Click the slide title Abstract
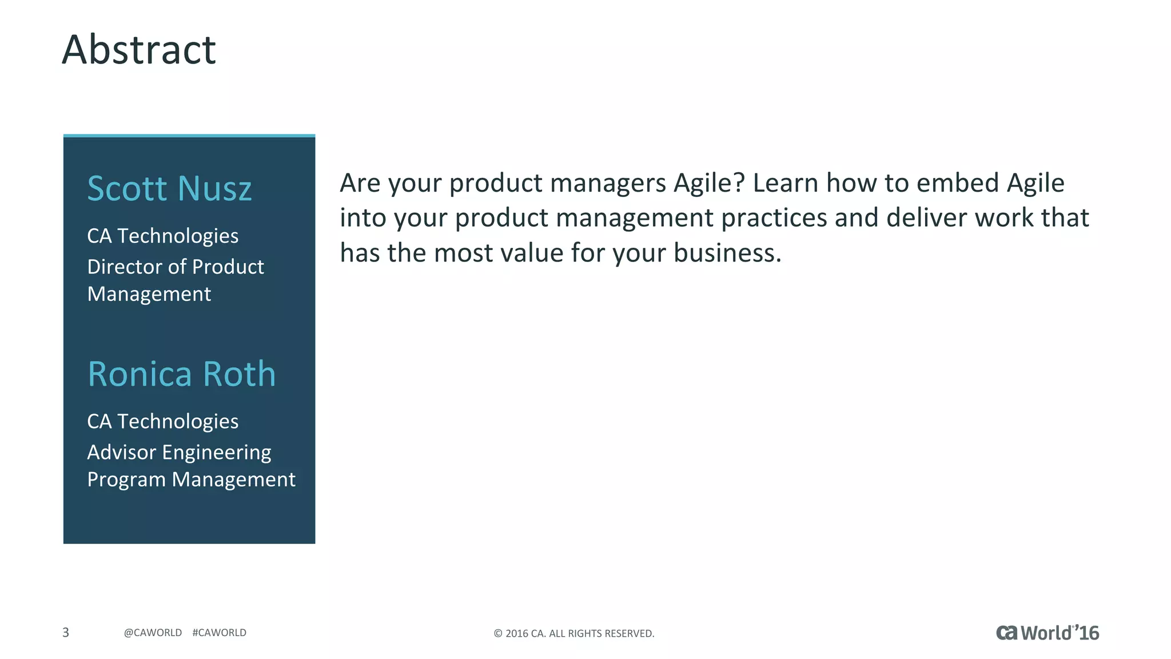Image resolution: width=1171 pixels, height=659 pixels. [139, 50]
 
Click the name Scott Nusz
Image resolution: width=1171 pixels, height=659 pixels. [169, 189]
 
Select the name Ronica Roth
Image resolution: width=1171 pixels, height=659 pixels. [181, 374]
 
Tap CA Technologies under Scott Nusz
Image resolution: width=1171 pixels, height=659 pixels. [163, 236]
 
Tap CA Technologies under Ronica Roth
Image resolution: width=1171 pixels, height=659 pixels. [163, 421]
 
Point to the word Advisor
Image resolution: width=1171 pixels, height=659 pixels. [121, 452]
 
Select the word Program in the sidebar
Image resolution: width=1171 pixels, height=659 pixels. [126, 479]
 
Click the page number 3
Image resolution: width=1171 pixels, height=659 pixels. [66, 632]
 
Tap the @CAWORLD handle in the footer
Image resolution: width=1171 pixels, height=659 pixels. [153, 633]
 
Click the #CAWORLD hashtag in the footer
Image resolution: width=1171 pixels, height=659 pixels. [220, 633]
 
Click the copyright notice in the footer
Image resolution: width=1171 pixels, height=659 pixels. [573, 633]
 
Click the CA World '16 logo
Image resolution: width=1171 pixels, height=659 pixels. [1047, 633]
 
